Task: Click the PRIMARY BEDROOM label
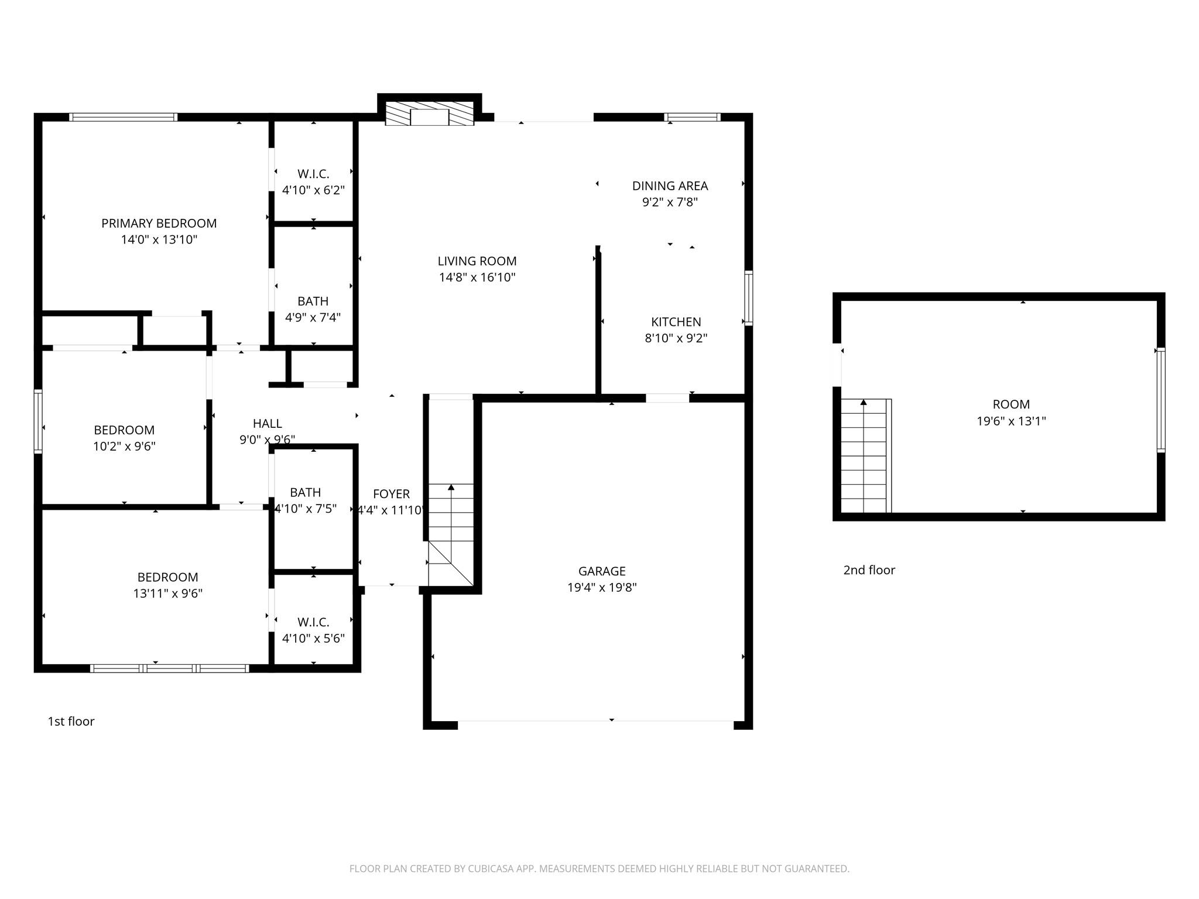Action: point(159,223)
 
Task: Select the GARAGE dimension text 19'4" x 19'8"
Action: point(602,587)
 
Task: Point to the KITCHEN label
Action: point(676,321)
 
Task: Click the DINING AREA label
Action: point(670,186)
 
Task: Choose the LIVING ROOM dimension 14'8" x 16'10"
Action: point(477,277)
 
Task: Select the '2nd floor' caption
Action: point(869,569)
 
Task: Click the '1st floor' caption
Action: point(71,721)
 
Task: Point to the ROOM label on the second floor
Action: point(1011,404)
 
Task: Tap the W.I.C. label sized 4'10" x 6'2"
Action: point(313,174)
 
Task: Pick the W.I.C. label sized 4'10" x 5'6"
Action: point(313,622)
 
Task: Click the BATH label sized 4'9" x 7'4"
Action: point(313,301)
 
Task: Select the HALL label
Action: point(268,423)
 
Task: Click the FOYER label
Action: point(391,493)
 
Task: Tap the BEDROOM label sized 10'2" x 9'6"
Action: point(124,430)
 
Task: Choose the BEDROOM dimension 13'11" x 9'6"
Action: point(167,593)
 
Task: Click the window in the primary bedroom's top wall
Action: point(123,117)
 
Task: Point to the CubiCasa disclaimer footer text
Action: point(599,869)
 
